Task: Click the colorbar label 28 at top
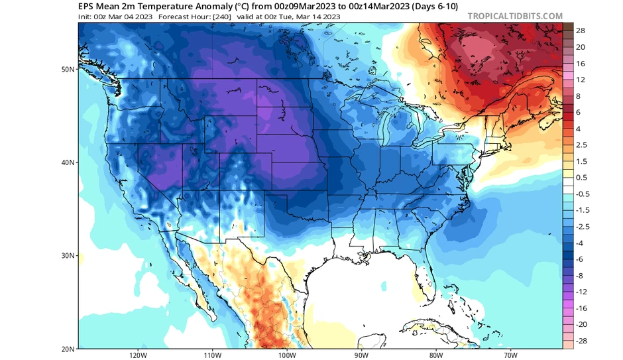[x=580, y=31]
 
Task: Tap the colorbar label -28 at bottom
[x=581, y=341]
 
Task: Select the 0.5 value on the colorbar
[x=581, y=178]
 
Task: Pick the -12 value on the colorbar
[x=581, y=292]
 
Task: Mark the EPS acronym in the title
[x=87, y=6]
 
